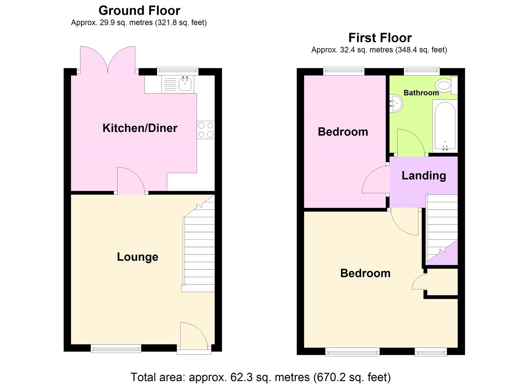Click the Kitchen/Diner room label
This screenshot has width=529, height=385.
pos(140,128)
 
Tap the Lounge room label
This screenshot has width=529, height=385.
pos(138,257)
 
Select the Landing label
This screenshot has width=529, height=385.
pos(424,175)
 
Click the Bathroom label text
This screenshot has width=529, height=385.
pos(421,93)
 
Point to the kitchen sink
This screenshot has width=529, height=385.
pos(185,84)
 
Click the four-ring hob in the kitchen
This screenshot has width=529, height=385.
pos(206,130)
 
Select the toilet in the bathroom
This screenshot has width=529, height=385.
pos(445,85)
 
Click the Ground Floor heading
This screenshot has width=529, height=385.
pos(139,11)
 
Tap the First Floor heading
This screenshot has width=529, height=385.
pos(380,38)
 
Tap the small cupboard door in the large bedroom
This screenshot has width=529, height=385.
pos(419,282)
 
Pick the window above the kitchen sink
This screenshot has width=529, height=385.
pos(178,70)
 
